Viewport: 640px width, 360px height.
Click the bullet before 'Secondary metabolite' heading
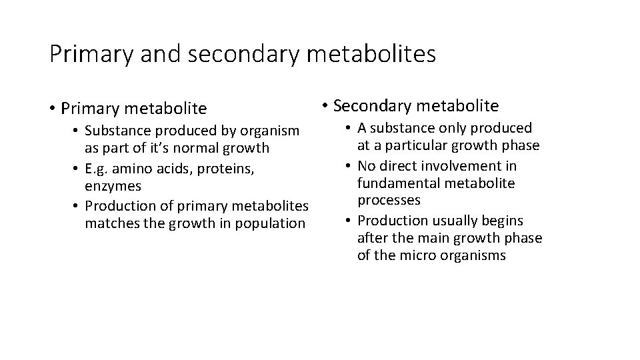tap(325, 105)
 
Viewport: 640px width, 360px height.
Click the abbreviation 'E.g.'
tap(97, 169)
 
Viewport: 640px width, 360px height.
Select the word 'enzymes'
tap(113, 186)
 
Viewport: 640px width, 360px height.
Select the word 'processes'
tap(389, 200)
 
